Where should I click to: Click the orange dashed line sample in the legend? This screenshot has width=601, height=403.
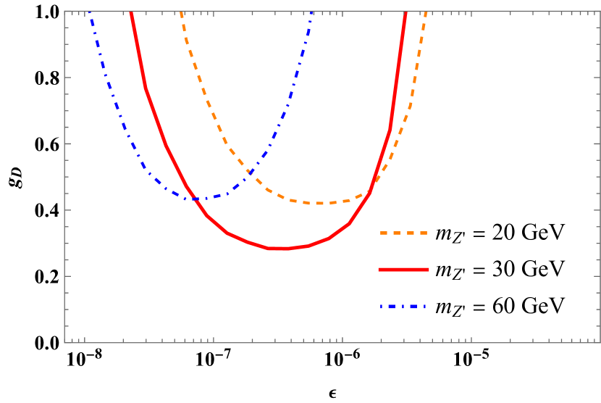[403, 233]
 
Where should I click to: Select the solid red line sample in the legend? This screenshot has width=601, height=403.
[403, 270]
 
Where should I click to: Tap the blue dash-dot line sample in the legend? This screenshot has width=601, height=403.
[403, 307]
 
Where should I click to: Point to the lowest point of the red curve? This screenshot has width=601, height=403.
[280, 249]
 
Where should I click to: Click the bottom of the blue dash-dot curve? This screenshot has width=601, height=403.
[196, 199]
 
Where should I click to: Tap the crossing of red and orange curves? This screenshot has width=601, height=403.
[371, 191]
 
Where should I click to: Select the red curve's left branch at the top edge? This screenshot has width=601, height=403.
[131, 12]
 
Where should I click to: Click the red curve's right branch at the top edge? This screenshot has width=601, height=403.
[405, 12]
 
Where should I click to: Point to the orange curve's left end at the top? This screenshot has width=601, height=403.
[181, 12]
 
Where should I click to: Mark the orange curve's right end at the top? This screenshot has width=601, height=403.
[426, 12]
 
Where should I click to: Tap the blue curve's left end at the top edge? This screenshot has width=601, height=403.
[89, 12]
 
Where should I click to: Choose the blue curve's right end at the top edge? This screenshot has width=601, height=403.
[311, 12]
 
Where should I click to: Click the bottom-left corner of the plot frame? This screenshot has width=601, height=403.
[64, 343]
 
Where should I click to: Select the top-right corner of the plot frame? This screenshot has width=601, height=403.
[600, 11]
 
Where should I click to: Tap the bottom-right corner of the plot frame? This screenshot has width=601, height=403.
[600, 343]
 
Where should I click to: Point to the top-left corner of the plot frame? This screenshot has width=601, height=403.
[64, 11]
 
